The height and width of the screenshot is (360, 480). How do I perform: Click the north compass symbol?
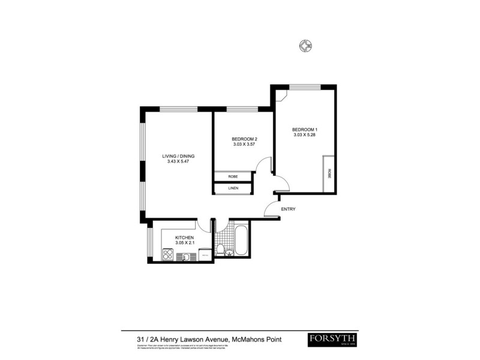tap(307, 46)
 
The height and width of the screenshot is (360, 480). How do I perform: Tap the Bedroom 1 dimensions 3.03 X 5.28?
tap(304, 136)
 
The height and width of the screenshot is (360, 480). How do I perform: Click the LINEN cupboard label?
tap(233, 188)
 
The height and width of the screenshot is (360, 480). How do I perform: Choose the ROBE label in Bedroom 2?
tap(233, 177)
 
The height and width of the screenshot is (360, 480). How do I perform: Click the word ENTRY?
tap(288, 209)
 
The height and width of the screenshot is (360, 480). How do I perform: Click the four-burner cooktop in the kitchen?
tap(167, 255)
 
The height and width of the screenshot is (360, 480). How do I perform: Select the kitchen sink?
tap(187, 257)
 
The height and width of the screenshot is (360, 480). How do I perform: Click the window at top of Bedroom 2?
tap(242, 109)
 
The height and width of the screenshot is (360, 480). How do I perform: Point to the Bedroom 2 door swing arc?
tap(262, 166)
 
